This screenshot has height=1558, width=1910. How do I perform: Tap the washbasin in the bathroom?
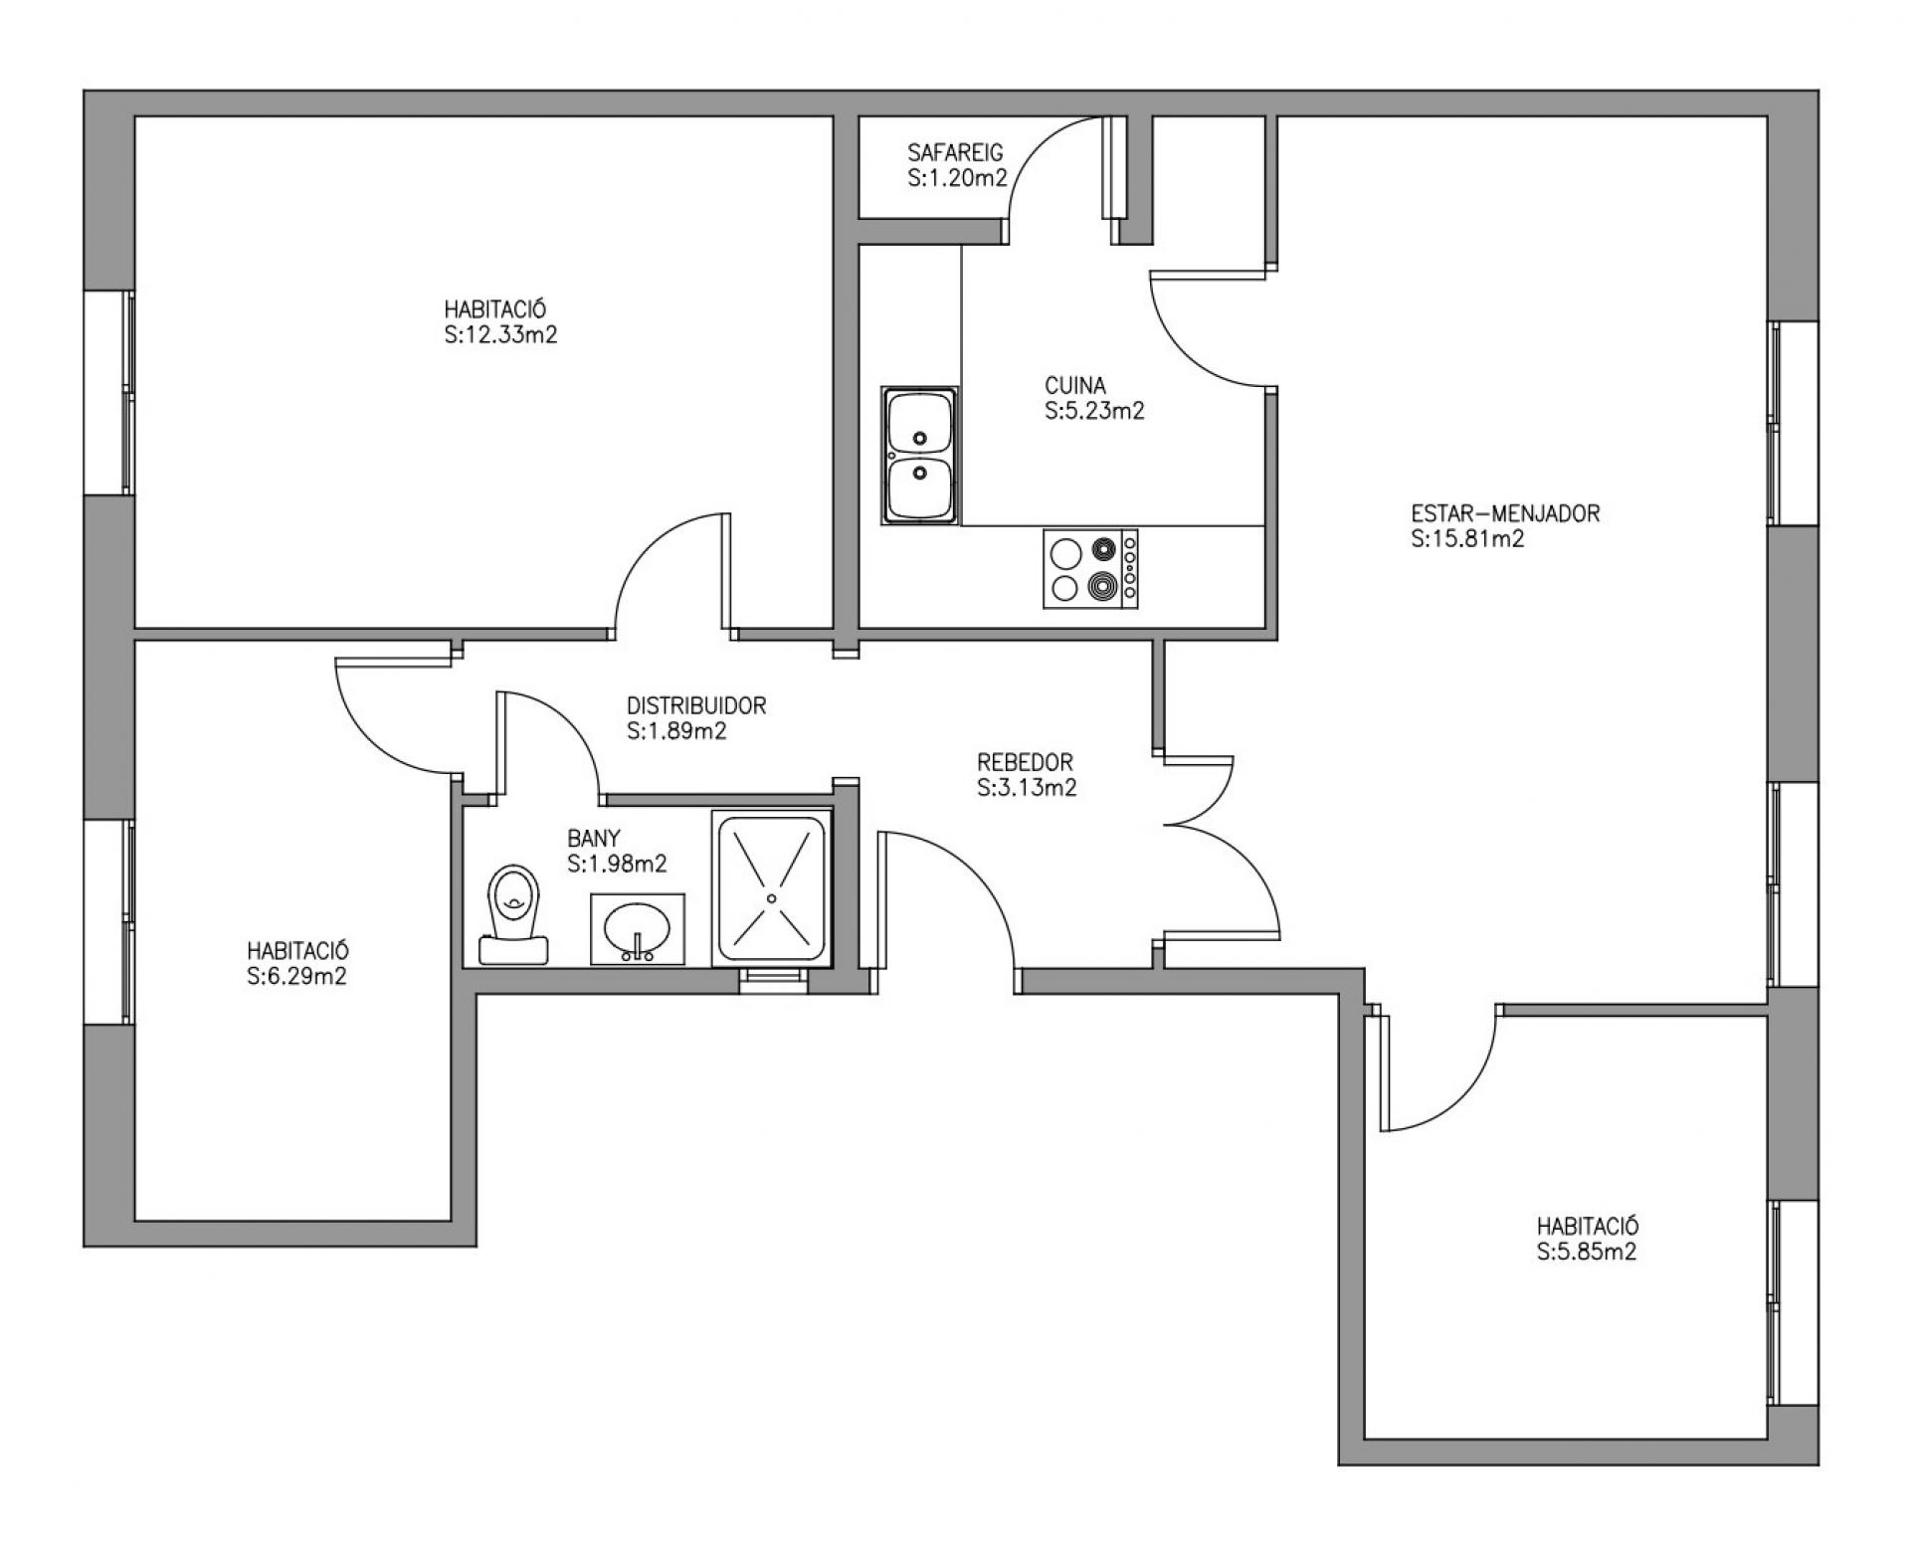point(637,928)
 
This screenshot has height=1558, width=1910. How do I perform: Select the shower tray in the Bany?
point(772,888)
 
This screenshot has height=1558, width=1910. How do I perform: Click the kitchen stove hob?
point(1090,568)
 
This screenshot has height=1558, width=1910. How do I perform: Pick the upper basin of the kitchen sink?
point(921,423)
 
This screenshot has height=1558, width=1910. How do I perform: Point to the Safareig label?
point(956,152)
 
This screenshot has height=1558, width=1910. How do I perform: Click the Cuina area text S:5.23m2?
point(1095,411)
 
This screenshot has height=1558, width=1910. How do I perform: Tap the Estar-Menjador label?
point(1505,513)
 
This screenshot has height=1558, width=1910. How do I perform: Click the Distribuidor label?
point(696,705)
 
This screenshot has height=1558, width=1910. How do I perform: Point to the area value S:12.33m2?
point(500,335)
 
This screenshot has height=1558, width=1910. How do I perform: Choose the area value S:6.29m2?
point(296,976)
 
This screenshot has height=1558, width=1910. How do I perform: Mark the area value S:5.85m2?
point(1587,1252)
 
